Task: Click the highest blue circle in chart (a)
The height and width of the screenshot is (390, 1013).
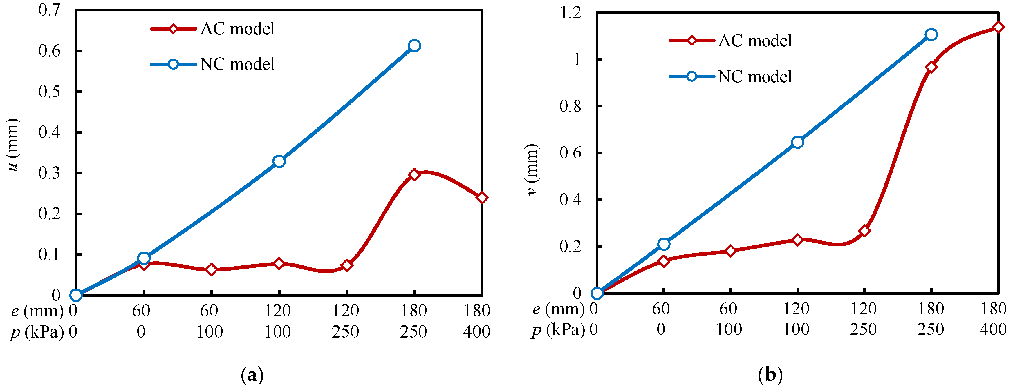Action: [414, 45]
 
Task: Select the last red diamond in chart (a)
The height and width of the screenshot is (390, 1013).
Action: [482, 198]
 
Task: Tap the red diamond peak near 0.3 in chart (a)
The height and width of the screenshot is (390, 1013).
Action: [414, 174]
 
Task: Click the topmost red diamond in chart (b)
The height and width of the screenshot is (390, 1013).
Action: [998, 27]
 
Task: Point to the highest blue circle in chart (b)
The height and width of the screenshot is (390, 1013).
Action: [931, 34]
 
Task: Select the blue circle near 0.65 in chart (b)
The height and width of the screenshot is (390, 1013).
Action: [797, 142]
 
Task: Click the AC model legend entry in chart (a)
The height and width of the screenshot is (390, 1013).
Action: [212, 29]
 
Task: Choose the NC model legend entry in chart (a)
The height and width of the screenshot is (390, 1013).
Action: [212, 64]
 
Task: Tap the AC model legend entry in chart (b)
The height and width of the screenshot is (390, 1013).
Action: [730, 41]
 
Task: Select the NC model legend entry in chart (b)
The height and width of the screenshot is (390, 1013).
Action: [730, 76]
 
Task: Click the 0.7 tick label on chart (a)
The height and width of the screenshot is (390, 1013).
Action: [50, 10]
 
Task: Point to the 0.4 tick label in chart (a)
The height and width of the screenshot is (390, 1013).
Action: [50, 132]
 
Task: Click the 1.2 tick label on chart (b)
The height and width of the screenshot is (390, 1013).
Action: [570, 12]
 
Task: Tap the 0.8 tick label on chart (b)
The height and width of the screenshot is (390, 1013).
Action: [570, 106]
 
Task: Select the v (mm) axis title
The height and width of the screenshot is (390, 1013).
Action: [532, 169]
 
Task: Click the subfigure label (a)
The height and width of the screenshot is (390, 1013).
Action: [252, 375]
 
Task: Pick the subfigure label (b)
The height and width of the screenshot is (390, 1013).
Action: [770, 375]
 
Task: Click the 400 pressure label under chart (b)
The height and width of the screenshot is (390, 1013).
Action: [993, 329]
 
